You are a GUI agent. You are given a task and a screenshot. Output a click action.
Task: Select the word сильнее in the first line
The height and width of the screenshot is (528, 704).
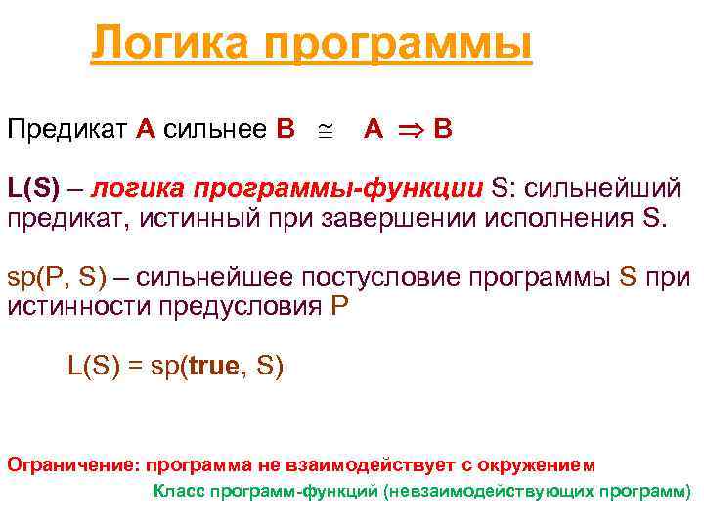point(216,129)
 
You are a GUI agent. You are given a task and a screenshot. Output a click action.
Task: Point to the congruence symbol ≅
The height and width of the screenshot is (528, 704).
point(325,130)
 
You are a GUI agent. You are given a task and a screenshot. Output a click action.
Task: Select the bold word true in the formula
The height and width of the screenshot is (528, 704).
point(216,367)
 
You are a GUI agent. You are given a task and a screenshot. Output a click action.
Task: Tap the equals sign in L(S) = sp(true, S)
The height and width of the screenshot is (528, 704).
point(133,367)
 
